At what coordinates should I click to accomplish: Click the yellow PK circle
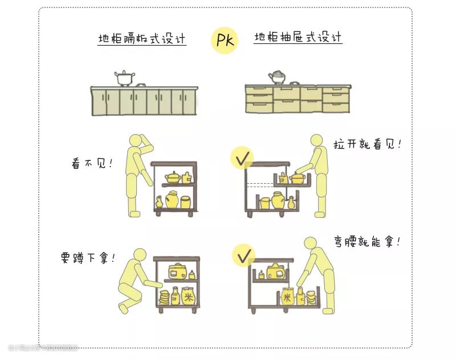click(224, 40)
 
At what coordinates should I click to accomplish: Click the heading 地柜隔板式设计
click(142, 39)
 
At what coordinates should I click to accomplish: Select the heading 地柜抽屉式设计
click(298, 38)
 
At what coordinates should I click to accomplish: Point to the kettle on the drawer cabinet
click(278, 77)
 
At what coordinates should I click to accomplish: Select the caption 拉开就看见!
click(367, 143)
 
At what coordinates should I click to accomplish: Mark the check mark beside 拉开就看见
click(242, 157)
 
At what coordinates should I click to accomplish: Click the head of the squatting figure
click(140, 256)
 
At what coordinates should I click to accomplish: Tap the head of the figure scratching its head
click(136, 142)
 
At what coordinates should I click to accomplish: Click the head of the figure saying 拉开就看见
click(317, 142)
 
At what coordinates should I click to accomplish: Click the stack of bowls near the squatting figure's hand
click(164, 297)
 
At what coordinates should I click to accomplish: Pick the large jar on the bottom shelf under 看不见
click(172, 201)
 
